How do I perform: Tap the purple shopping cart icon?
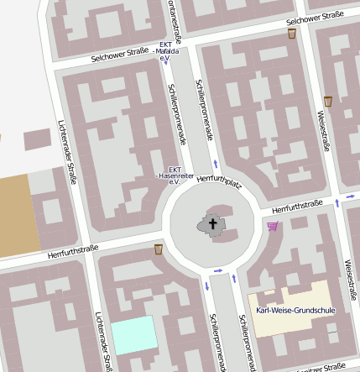tap(272, 226)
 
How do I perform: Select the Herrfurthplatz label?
tap(219, 180)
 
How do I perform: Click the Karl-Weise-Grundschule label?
tap(295, 311)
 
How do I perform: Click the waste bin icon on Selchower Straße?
tap(291, 34)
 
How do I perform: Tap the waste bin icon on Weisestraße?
tap(328, 101)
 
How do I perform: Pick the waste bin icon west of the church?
tap(158, 249)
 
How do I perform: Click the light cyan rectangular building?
tap(134, 336)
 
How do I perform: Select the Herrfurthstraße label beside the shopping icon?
tap(298, 205)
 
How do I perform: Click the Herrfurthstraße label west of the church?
tap(73, 250)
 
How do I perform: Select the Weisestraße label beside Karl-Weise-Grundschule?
tap(351, 278)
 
